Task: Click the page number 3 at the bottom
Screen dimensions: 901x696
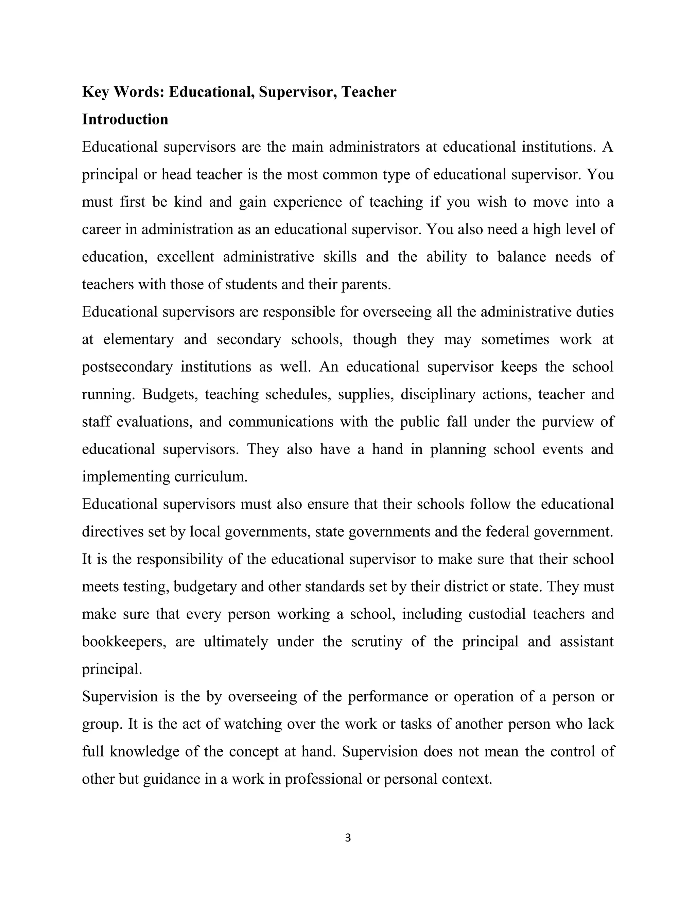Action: coord(348,838)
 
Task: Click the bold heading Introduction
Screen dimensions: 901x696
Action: coord(125,120)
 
